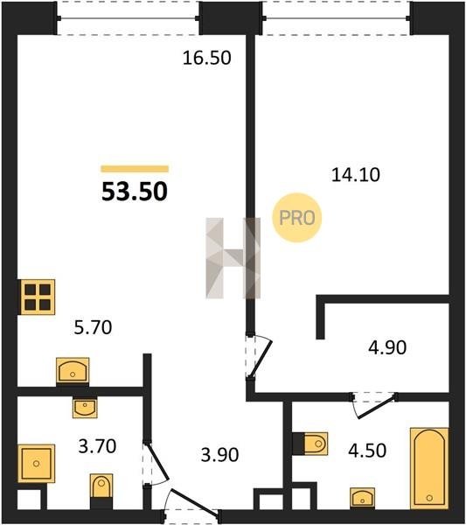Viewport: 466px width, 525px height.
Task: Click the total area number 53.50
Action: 135,192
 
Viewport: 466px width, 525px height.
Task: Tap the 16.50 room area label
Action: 206,58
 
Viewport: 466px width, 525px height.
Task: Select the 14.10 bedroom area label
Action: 356,175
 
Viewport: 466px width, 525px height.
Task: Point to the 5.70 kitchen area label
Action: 93,327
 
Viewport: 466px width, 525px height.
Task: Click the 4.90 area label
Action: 387,347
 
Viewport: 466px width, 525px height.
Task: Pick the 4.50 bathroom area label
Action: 367,451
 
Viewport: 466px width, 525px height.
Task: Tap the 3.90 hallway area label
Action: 219,455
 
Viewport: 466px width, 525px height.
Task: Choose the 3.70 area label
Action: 97,446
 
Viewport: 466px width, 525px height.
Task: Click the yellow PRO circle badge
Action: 296,218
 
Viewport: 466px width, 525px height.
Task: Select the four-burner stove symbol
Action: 37,297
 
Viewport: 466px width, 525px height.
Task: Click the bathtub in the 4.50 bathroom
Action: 429,468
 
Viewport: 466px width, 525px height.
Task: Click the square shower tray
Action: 36,464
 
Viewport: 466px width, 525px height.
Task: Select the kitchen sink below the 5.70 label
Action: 73,371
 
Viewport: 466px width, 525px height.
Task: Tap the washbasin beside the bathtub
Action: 363,498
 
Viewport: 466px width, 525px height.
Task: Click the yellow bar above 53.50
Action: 135,169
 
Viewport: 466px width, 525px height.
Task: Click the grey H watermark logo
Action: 233,258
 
